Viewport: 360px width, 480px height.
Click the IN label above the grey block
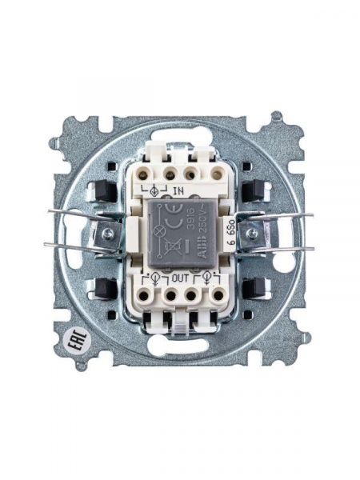[x=178, y=191]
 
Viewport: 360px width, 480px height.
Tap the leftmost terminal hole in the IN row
[x=148, y=171]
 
